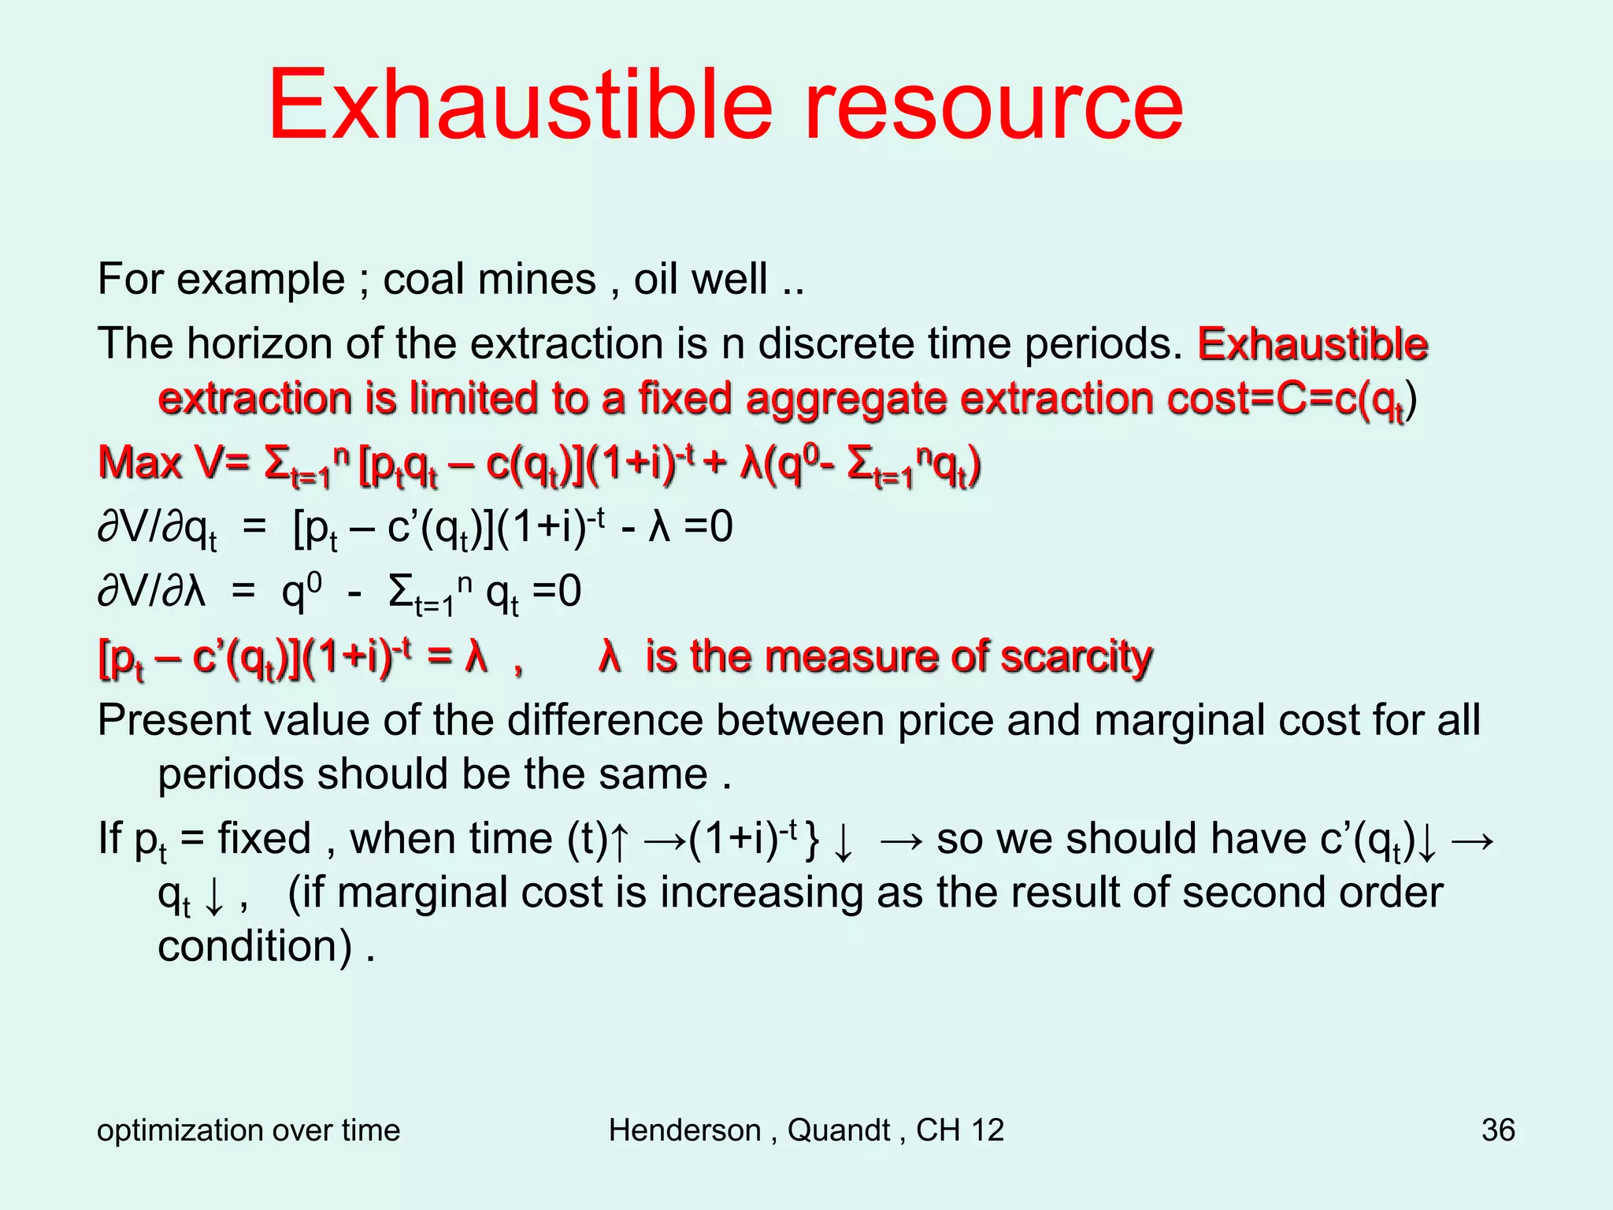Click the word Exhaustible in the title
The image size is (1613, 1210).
520,105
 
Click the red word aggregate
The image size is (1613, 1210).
846,398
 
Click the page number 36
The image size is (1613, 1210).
1497,1130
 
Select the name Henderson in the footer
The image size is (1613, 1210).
684,1130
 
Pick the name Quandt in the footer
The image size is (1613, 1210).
839,1130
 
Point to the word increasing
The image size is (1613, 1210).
762,893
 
